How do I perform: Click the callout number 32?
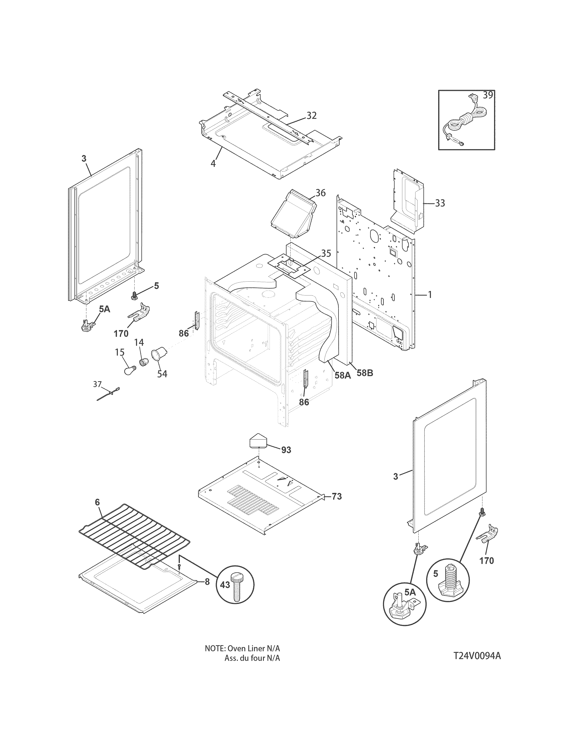311,115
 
